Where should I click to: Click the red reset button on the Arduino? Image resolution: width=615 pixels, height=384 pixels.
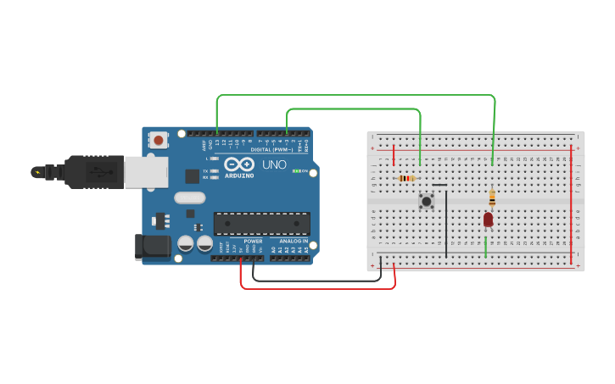pos(158,139)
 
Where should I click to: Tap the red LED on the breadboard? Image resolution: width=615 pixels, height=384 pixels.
pos(488,220)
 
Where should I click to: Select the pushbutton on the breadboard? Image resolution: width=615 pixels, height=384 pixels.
pos(427,201)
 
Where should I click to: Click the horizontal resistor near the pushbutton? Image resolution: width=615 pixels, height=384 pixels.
pos(407,178)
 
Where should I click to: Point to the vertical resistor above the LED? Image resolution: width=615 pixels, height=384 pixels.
pos(492,198)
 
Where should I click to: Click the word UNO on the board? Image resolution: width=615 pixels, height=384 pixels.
pos(274,164)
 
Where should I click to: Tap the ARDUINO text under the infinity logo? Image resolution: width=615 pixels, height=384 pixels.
pos(239,175)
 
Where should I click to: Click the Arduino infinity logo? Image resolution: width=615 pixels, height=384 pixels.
pos(239,164)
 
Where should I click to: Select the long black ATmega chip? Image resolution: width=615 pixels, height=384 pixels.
pos(261,223)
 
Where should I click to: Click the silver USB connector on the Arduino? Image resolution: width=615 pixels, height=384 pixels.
pos(146,171)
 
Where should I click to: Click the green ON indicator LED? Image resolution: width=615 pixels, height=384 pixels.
pos(294,171)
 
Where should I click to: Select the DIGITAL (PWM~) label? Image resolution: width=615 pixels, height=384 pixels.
pos(271,149)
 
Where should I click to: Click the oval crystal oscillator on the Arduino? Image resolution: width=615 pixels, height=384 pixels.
pos(190,198)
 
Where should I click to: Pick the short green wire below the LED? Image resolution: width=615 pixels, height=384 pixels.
pos(485,247)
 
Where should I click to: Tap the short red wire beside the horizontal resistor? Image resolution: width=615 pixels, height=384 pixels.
pos(394,154)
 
